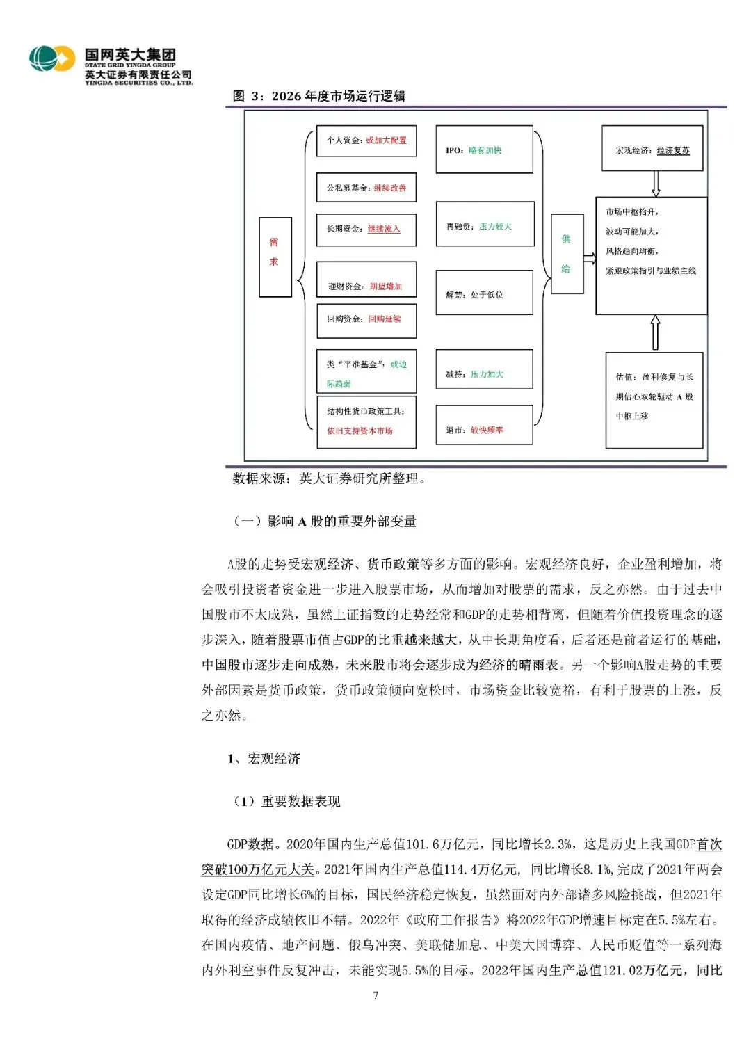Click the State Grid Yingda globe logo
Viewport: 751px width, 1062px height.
pyautogui.click(x=52, y=59)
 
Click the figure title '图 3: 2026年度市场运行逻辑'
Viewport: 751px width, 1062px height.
pyautogui.click(x=319, y=96)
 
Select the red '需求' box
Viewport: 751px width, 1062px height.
pyautogui.click(x=275, y=257)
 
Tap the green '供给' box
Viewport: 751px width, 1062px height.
pyautogui.click(x=566, y=255)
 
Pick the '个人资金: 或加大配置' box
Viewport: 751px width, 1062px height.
pyautogui.click(x=366, y=140)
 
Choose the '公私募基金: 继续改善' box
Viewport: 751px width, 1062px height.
pyautogui.click(x=366, y=188)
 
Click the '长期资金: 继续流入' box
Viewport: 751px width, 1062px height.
pyautogui.click(x=366, y=229)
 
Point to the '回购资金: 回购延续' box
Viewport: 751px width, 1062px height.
pyautogui.click(x=366, y=319)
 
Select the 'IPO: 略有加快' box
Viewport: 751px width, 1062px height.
pyautogui.click(x=484, y=150)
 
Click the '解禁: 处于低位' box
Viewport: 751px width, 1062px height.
pyautogui.click(x=484, y=293)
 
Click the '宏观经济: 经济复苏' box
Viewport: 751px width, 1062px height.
pyautogui.click(x=652, y=149)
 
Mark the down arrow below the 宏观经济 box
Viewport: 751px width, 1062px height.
pyautogui.click(x=655, y=184)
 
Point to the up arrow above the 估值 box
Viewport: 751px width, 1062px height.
pyautogui.click(x=655, y=332)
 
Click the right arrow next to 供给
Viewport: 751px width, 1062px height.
pyautogui.click(x=589, y=259)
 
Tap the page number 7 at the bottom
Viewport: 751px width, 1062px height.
pyautogui.click(x=375, y=995)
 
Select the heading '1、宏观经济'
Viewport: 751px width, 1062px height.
pyautogui.click(x=264, y=758)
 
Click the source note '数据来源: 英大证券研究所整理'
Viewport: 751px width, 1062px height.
pyautogui.click(x=328, y=478)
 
